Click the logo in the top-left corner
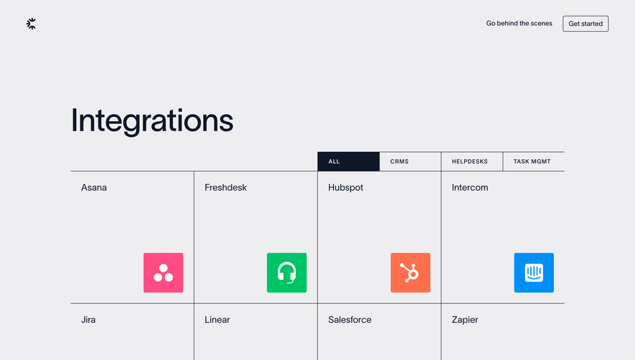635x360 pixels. pos(31,24)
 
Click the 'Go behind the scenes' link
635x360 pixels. pos(519,24)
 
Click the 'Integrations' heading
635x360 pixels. pos(152,120)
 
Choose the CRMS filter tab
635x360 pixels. pos(400,161)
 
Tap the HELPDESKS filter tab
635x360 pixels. pos(470,161)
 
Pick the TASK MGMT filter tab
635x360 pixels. pos(532,161)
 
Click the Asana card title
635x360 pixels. pos(94,188)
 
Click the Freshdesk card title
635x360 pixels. pos(225,188)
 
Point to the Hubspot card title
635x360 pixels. pos(346,188)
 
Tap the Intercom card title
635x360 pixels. pos(470,188)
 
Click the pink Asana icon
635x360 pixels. pos(164,273)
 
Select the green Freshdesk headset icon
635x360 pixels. pos(287,273)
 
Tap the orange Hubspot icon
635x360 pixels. pos(410,273)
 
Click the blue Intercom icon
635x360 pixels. pos(534,273)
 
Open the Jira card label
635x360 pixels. pos(88,320)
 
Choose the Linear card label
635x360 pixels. pos(217,320)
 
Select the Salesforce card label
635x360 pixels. pos(350,320)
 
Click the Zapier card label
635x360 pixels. pos(465,320)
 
